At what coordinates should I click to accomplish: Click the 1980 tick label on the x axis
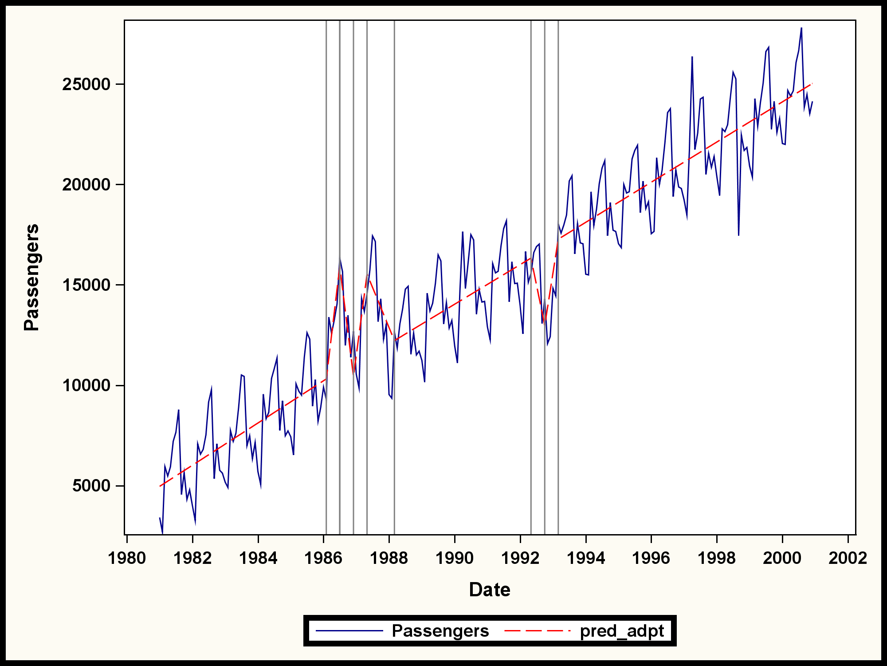click(127, 558)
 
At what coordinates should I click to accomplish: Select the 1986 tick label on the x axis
click(324, 558)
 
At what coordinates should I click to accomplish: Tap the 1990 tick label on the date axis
click(455, 558)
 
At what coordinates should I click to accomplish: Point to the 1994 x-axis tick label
click(586, 558)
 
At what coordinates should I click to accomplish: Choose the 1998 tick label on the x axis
click(717, 558)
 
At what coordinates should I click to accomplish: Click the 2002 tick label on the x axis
click(848, 558)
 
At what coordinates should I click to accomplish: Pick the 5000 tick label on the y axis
click(91, 486)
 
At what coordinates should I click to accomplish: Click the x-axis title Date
click(490, 590)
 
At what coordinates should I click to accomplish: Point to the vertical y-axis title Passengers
click(31, 277)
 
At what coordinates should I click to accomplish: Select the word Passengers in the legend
click(440, 631)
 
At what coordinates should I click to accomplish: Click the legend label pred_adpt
click(622, 631)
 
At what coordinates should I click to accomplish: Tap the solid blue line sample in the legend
click(349, 631)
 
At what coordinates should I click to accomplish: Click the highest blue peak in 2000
click(801, 28)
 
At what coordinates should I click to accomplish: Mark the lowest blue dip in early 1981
click(162, 533)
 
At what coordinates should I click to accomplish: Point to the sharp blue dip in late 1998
click(738, 235)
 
